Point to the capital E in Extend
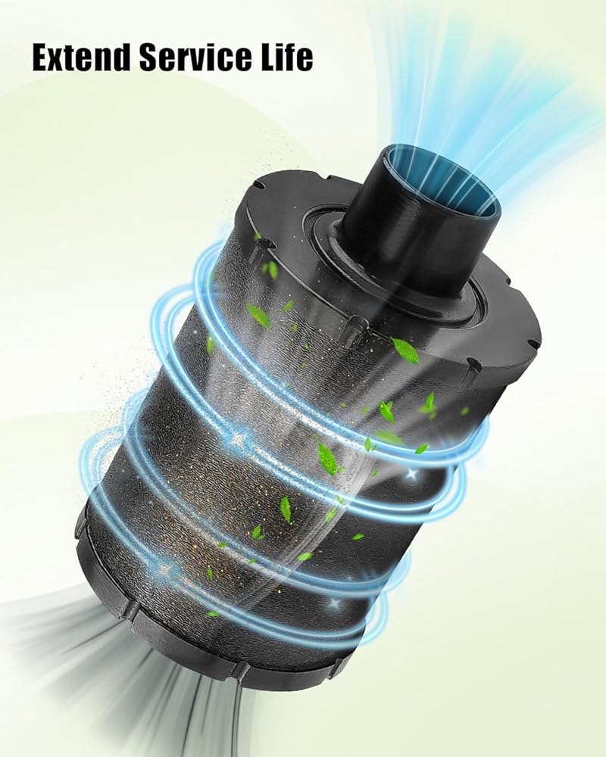point(42,58)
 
